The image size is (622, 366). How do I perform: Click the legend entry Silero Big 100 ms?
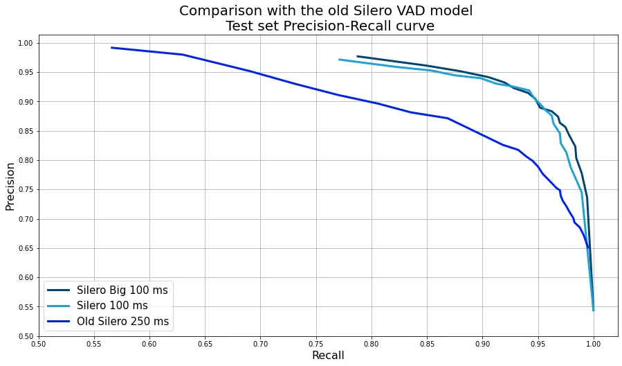coord(122,290)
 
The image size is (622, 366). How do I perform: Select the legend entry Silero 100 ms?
coord(112,306)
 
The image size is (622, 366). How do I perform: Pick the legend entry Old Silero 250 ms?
coord(122,322)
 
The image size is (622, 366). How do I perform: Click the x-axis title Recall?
coord(328,356)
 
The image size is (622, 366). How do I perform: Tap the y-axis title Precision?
coord(10,186)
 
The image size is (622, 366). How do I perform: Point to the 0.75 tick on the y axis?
coord(26,190)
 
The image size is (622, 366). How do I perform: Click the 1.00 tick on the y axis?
coord(26,44)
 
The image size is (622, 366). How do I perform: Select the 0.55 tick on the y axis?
coord(26,307)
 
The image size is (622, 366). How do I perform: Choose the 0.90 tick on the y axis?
coord(26,102)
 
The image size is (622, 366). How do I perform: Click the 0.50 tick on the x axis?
coord(39,342)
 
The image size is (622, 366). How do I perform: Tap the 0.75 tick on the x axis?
coord(316,342)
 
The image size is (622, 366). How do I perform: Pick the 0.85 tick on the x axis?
coord(427,342)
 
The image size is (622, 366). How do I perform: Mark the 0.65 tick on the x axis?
coord(205,342)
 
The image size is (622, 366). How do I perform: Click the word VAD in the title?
coord(402,11)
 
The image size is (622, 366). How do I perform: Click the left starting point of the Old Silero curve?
coord(111,48)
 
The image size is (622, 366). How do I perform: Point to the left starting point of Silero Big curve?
coord(357,56)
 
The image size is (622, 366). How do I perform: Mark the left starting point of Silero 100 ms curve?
coord(339,60)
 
